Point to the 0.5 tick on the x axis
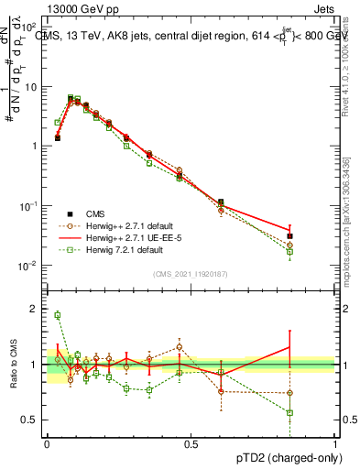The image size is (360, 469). [191, 443]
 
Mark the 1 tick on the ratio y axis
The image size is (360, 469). [37, 365]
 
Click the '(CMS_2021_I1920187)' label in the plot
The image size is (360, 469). [191, 274]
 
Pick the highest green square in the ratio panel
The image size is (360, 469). [57, 315]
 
